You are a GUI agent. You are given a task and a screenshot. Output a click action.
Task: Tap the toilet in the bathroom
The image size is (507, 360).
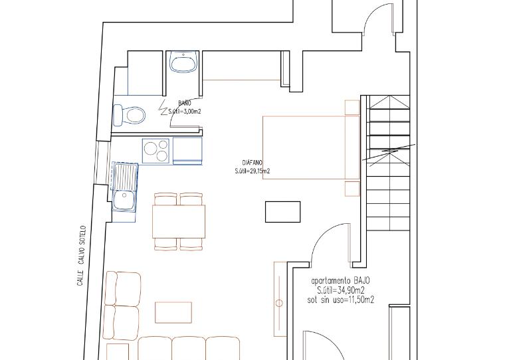[x=129, y=115]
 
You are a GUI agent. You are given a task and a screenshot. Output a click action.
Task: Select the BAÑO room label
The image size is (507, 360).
[x=185, y=103]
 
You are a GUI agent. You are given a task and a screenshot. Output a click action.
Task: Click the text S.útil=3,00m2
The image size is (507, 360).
[x=185, y=112]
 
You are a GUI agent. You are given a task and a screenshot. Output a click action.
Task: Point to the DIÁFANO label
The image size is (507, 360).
[x=253, y=163]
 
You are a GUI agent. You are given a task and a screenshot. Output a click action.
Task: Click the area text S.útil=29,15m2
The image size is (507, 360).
[x=253, y=171]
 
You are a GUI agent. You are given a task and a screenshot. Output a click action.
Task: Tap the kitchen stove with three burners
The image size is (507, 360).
[x=156, y=151]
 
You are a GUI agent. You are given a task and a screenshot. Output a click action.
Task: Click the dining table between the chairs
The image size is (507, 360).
[x=179, y=221]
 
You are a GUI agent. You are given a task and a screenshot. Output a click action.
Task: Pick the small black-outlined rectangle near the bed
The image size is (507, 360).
[x=283, y=212]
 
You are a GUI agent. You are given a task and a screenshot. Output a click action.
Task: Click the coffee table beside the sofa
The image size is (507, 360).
[x=173, y=312]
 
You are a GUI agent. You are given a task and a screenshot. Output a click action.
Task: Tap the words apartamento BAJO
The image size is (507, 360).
[x=340, y=280]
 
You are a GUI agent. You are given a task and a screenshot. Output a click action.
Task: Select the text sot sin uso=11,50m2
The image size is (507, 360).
[x=340, y=300]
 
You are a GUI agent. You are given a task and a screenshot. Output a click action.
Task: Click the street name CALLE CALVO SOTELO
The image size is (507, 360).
[x=81, y=256]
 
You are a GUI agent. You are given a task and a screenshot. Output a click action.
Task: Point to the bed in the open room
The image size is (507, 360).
[x=311, y=147]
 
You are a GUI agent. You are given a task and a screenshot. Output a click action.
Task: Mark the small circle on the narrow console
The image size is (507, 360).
[x=279, y=303]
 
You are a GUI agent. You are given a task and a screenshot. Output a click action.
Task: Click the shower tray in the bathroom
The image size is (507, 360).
[x=145, y=73]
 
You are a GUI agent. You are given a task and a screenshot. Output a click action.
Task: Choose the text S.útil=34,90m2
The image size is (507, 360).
[x=340, y=290]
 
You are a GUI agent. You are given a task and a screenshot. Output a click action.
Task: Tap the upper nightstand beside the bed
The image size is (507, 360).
[x=352, y=108]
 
